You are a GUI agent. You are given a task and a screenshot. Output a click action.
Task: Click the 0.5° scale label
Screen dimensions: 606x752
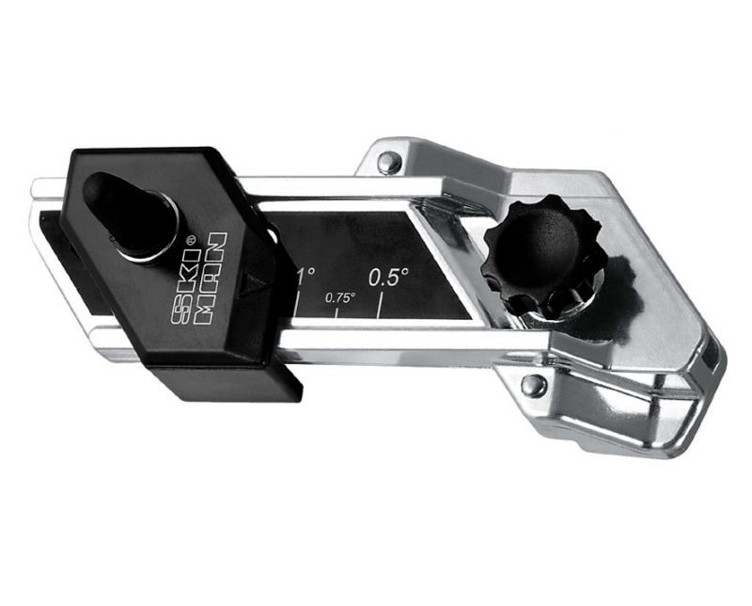[388, 277]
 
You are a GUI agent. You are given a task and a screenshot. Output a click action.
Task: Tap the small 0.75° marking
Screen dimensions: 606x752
[339, 296]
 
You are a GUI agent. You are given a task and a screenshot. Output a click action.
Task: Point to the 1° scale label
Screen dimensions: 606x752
[305, 277]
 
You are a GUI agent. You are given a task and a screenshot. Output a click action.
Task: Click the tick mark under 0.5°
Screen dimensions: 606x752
[379, 304]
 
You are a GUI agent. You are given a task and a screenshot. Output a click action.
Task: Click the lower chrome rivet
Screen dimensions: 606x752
[533, 384]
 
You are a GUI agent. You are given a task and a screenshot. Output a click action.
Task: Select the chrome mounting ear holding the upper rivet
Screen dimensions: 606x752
[390, 155]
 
